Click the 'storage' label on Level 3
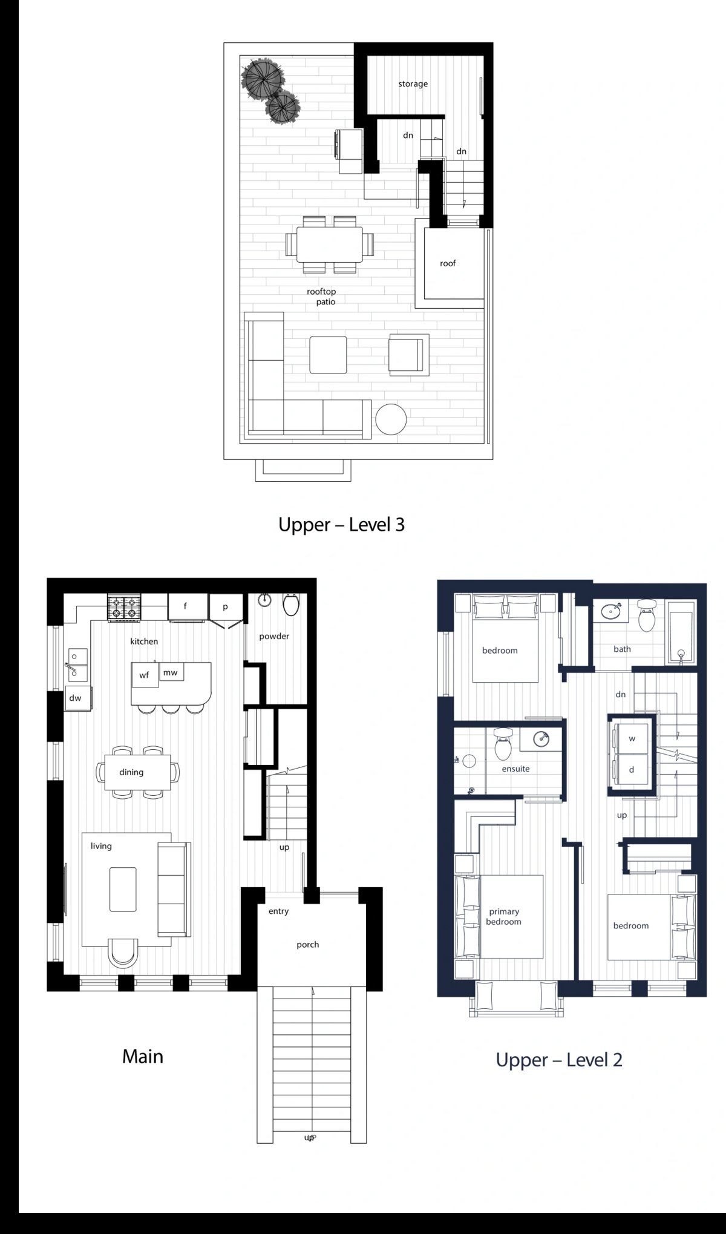tap(413, 84)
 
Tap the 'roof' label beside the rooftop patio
tap(448, 263)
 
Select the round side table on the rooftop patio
tap(391, 419)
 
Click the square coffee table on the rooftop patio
tap(329, 355)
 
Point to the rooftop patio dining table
tap(329, 245)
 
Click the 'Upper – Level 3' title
tap(341, 524)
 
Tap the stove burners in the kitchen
tap(124, 608)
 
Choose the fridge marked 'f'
tap(185, 607)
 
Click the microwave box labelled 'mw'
tap(171, 672)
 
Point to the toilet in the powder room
tap(292, 605)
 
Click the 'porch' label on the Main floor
tap(307, 944)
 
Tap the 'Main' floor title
tap(143, 1057)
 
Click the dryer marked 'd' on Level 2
tap(631, 770)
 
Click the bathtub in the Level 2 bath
tap(681, 632)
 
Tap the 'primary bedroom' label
tap(503, 916)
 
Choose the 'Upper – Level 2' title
tap(559, 1060)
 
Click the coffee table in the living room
tap(123, 889)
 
